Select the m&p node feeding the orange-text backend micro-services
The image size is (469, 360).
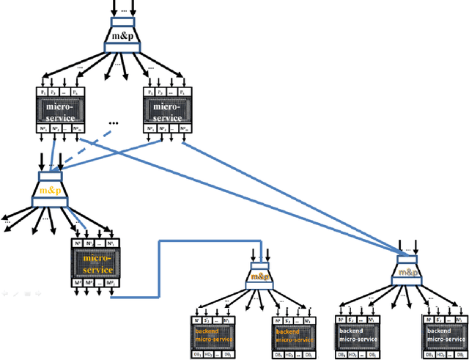(x=260, y=276)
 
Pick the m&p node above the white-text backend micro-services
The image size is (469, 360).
(x=405, y=271)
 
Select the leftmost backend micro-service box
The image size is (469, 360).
(x=215, y=336)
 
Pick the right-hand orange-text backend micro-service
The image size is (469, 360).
(x=295, y=336)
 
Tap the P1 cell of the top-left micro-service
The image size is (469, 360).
(x=43, y=92)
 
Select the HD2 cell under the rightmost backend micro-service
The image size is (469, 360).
(x=446, y=354)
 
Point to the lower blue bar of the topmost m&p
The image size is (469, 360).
(x=122, y=48)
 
